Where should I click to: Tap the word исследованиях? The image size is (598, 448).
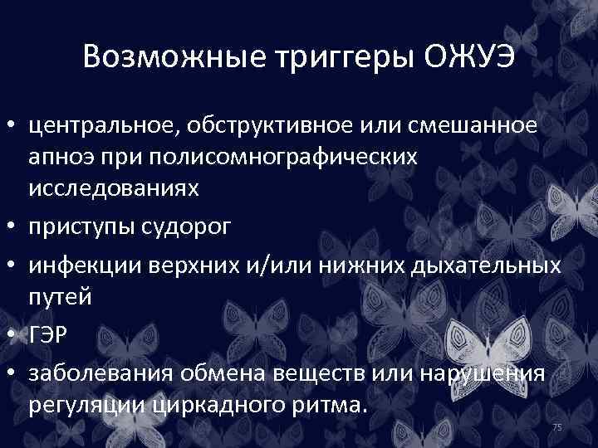pyautogui.click(x=114, y=187)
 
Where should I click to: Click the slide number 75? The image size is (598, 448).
pyautogui.click(x=557, y=426)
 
